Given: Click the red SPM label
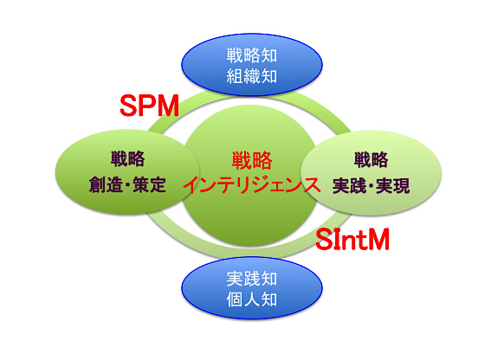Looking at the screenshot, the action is [x=149, y=106].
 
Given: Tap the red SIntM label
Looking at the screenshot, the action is [x=352, y=239].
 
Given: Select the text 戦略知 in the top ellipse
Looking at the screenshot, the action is [x=252, y=55].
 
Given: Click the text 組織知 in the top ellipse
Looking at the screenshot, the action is [x=252, y=76].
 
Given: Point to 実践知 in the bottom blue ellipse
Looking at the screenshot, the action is [x=252, y=279].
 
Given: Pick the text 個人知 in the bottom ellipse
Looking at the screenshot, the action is [x=252, y=299].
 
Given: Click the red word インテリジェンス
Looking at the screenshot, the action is [x=252, y=185].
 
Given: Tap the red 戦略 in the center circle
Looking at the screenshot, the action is [x=252, y=161].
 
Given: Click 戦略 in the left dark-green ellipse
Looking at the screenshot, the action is [x=127, y=158].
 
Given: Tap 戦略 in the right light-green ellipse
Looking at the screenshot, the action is [x=371, y=159].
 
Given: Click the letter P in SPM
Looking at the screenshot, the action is [x=150, y=106].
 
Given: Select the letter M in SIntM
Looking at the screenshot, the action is [x=378, y=239].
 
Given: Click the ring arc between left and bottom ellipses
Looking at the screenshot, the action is [x=173, y=238].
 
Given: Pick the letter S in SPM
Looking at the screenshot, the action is [x=130, y=106].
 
